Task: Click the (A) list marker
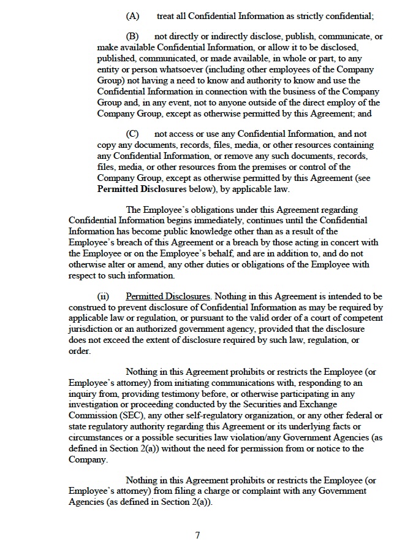(132, 15)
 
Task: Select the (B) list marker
(132, 37)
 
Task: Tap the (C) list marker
(132, 134)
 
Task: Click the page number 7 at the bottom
(197, 535)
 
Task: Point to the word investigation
(98, 405)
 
